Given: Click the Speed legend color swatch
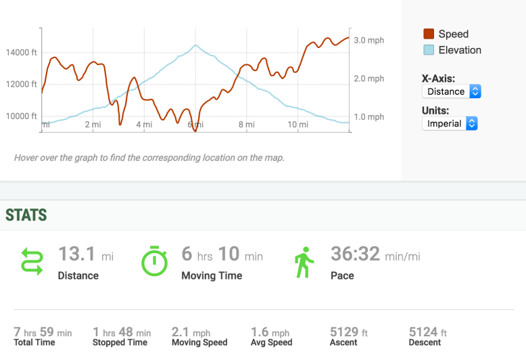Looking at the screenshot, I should [429, 34].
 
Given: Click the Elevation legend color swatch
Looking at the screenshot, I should [429, 50].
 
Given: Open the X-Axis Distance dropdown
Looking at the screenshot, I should [451, 91].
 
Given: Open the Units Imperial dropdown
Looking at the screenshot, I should [450, 124].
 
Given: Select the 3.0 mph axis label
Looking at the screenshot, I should [369, 41].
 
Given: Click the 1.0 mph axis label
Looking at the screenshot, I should [369, 117].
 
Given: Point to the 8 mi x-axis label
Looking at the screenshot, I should [247, 125].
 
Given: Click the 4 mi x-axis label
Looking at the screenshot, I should [143, 125].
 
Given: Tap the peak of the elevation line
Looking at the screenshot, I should [195, 45].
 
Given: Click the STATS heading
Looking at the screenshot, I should [26, 216].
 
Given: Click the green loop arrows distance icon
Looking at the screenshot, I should [32, 261].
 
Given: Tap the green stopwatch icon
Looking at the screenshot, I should [154, 261].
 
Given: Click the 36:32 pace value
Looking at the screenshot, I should [355, 254].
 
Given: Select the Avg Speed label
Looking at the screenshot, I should [271, 342].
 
